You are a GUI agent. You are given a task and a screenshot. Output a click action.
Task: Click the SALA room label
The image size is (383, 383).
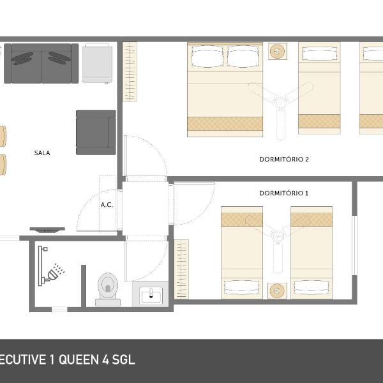(42, 153)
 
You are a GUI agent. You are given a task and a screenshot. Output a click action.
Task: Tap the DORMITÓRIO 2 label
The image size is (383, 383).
(284, 159)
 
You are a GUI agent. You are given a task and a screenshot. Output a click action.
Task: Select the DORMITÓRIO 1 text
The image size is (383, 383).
(284, 193)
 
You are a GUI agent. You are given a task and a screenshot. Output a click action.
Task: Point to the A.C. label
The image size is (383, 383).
(107, 205)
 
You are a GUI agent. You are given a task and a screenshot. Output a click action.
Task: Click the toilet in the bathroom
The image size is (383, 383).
(108, 289)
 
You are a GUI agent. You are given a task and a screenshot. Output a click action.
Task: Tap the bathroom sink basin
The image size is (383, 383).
(151, 296)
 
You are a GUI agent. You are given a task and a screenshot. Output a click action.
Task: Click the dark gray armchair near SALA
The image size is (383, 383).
(96, 132)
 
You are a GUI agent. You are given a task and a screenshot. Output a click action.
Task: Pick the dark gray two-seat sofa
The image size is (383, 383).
(41, 63)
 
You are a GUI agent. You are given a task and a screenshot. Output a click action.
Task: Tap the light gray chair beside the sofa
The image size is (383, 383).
(97, 63)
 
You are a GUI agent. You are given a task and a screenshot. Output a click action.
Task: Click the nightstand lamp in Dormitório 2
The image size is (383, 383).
(278, 51)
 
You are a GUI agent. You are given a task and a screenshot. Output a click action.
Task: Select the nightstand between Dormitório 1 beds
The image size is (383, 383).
(277, 291)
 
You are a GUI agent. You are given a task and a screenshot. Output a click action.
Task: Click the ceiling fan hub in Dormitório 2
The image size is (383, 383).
(280, 102)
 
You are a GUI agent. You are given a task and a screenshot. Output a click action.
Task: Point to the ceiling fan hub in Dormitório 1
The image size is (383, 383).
(278, 237)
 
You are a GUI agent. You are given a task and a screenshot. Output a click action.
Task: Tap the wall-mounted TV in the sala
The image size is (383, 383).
(47, 230)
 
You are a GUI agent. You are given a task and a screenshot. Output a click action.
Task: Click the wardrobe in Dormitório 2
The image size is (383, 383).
(130, 71)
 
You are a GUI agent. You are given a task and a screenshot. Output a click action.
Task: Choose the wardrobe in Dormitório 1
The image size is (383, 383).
(181, 269)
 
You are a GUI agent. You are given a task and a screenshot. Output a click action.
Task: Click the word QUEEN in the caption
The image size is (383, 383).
(79, 360)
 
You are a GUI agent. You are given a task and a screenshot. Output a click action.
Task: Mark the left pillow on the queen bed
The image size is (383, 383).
(207, 57)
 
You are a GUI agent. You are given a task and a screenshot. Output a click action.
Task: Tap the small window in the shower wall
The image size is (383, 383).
(59, 310)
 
